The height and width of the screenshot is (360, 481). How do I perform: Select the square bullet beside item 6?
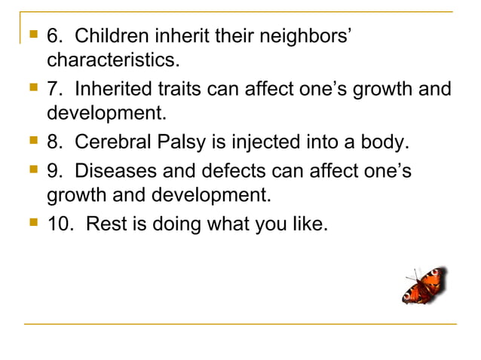31,35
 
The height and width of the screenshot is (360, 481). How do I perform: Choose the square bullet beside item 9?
31,170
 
